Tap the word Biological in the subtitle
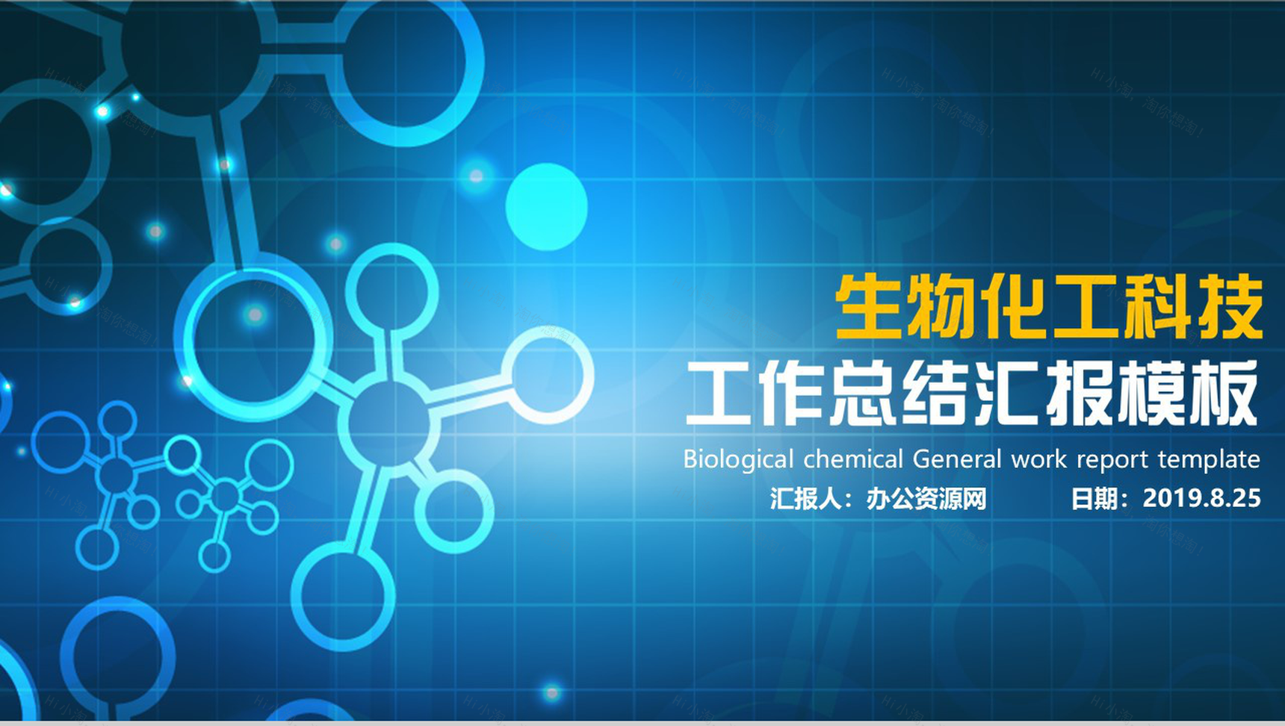pyautogui.click(x=738, y=459)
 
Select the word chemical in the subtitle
pyautogui.click(x=853, y=459)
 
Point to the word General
pyautogui.click(x=957, y=459)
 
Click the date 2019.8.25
pyautogui.click(x=1201, y=498)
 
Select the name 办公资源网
pyautogui.click(x=926, y=498)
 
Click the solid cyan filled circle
pyautogui.click(x=546, y=207)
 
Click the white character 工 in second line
pyautogui.click(x=719, y=394)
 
